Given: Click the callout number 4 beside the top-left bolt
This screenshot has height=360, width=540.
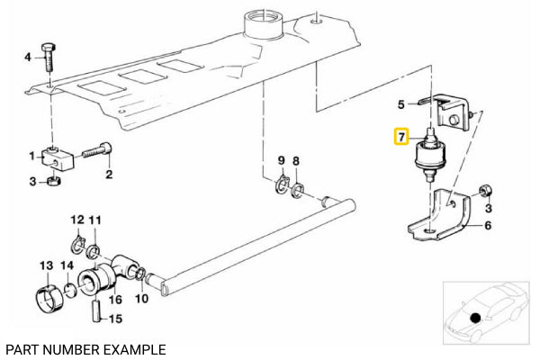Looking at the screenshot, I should [27, 58].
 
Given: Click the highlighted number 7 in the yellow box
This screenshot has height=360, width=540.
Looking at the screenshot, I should [401, 138].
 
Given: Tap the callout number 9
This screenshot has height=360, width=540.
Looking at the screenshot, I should [281, 160].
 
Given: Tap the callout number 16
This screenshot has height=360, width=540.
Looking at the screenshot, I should [115, 299].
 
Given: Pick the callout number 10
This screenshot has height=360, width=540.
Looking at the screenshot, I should [142, 299].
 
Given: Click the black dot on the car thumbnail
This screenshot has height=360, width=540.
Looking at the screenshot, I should [474, 317].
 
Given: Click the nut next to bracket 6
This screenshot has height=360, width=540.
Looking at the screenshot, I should [483, 190].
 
